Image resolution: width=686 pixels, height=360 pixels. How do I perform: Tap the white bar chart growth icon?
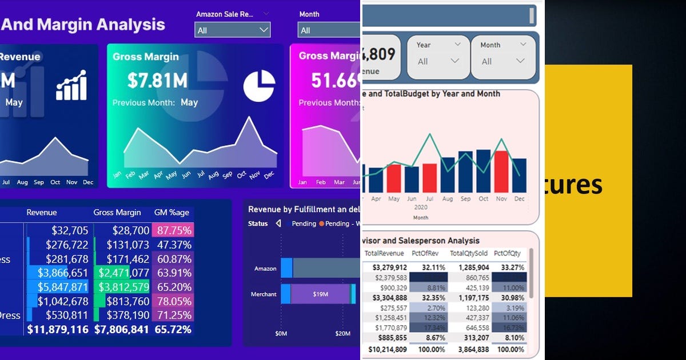click(71, 86)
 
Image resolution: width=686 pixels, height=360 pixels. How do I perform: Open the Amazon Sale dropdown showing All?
click(232, 30)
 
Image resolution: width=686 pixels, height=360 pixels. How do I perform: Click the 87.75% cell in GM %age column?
click(173, 230)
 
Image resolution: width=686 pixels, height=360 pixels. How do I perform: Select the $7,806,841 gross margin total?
click(121, 330)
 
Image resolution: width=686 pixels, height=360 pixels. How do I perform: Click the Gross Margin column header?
click(117, 212)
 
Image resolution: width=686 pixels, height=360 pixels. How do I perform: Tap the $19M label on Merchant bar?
click(320, 294)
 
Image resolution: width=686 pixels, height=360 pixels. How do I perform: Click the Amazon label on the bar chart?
click(265, 269)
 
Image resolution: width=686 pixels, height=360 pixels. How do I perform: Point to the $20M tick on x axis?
click(342, 333)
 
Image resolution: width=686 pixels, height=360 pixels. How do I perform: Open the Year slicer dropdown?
click(438, 61)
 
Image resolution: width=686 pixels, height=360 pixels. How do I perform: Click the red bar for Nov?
click(501, 171)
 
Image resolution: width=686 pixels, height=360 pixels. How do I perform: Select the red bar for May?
click(393, 178)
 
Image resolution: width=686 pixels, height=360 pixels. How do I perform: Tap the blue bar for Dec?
click(519, 175)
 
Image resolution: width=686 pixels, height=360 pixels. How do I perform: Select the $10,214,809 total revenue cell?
click(386, 349)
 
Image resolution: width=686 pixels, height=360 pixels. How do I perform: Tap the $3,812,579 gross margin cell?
click(121, 287)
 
